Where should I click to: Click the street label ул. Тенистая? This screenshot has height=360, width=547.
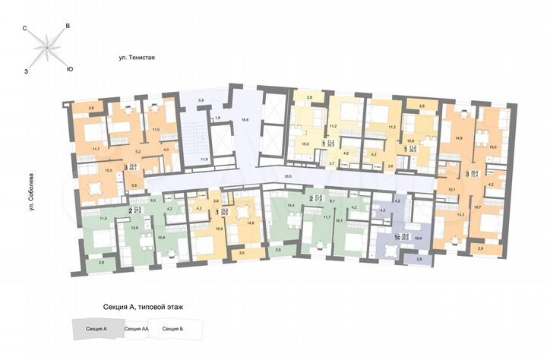[137, 57]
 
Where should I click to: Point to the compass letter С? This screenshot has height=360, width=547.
[26, 28]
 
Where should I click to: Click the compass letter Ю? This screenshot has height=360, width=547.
[70, 70]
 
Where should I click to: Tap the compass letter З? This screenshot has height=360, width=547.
[26, 70]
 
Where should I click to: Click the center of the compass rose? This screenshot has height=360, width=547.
[47, 49]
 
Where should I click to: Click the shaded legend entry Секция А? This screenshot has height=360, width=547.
[94, 328]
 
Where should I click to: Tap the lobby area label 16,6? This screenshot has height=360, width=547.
[245, 119]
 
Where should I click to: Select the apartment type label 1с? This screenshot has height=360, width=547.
[396, 236]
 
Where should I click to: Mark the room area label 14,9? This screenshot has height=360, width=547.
[457, 137]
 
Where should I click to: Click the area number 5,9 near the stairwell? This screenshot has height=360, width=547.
[201, 100]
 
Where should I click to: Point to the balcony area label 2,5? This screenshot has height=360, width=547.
[278, 250]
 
